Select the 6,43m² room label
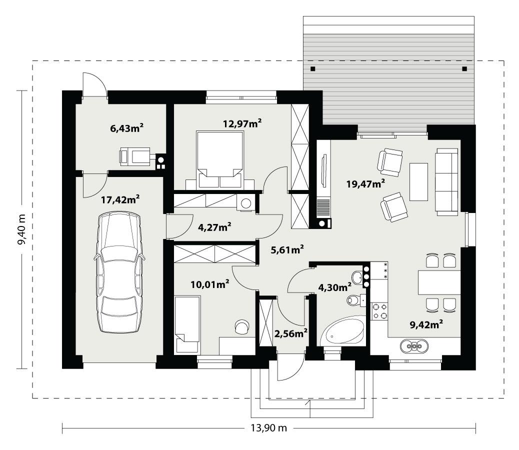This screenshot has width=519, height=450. [x=126, y=128]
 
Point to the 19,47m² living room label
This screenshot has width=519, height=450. [x=365, y=183]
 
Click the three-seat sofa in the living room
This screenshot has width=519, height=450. [x=447, y=181]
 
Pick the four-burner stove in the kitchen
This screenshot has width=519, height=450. [x=378, y=310]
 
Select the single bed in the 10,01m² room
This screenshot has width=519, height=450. [x=187, y=324]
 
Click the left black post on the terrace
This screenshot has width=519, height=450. [x=312, y=68]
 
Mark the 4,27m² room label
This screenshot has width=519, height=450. [x=214, y=227]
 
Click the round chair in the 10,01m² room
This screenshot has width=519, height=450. [x=242, y=326]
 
